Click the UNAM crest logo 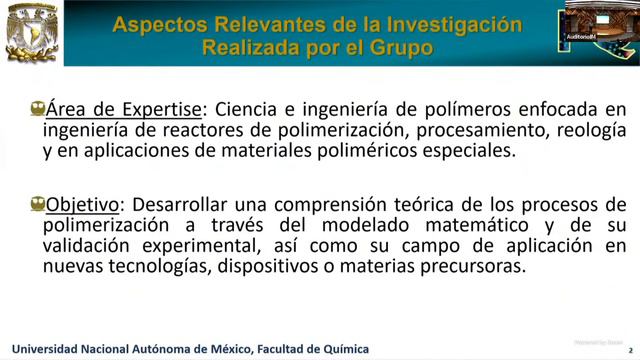31,33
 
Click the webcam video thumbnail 602,24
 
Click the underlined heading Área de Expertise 123,108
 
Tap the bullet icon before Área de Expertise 37,108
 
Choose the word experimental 185,246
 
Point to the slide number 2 628,349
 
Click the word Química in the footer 344,348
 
